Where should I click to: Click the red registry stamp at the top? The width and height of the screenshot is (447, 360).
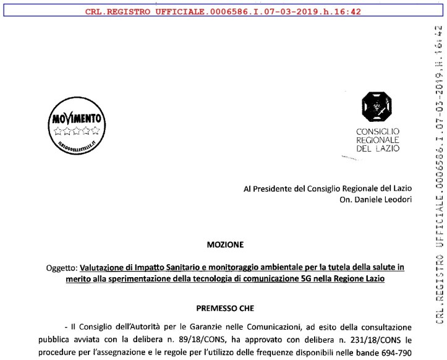223,10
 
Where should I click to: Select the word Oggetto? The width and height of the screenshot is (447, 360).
62,267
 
